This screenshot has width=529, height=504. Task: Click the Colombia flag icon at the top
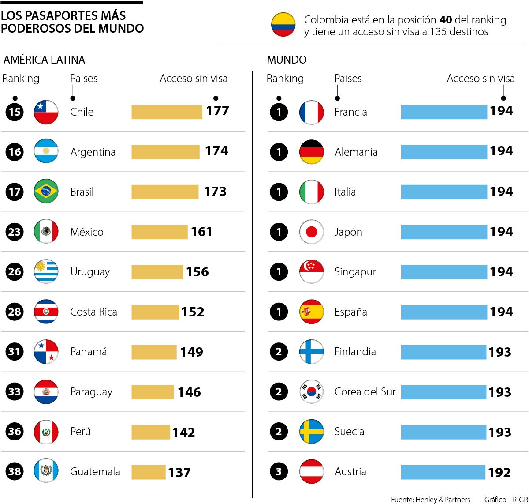click(x=283, y=25)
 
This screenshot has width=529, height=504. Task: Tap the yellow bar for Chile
click(x=167, y=112)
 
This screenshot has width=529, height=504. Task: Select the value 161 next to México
click(x=201, y=232)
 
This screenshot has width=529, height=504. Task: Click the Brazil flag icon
click(x=46, y=192)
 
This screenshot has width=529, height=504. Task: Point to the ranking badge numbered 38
click(x=15, y=471)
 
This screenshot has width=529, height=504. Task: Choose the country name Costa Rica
click(x=93, y=312)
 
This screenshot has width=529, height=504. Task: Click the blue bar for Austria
click(x=443, y=472)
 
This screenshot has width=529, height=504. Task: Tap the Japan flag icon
click(x=311, y=232)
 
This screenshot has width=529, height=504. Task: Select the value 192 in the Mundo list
click(x=499, y=472)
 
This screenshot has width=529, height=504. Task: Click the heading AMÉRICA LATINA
click(x=44, y=60)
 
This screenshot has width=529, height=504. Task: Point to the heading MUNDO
click(x=287, y=60)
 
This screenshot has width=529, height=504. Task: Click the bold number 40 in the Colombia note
click(x=445, y=20)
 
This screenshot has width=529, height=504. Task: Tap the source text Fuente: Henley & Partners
click(x=430, y=500)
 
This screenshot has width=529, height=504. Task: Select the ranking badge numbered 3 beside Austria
click(x=279, y=471)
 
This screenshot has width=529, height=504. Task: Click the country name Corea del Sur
click(x=365, y=392)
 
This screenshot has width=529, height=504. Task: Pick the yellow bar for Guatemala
click(x=149, y=472)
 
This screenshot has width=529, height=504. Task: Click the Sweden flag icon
click(x=311, y=432)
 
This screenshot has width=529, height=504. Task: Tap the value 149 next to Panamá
click(x=191, y=352)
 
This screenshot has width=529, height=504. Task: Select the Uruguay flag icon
click(x=46, y=271)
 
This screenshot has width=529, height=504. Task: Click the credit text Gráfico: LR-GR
click(x=506, y=500)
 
